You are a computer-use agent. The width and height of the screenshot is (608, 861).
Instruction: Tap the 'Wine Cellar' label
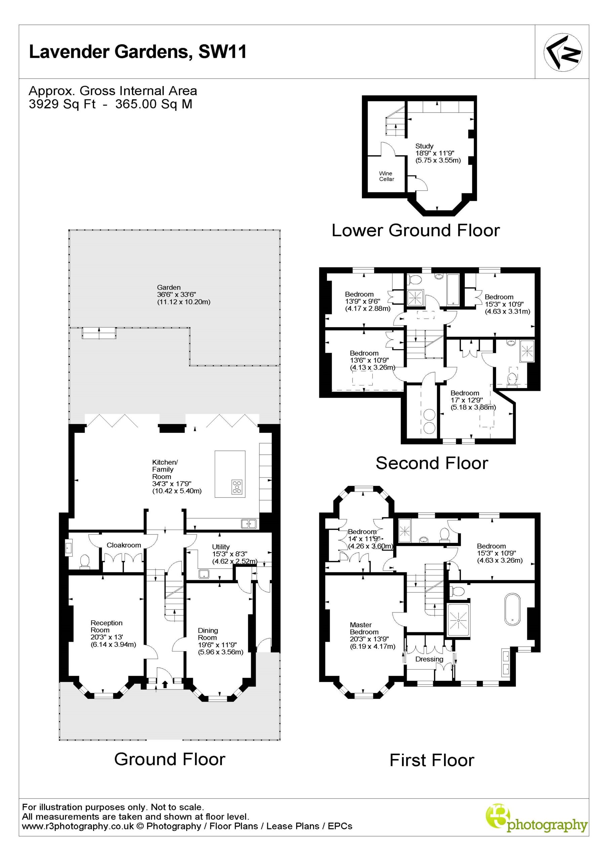[386, 176]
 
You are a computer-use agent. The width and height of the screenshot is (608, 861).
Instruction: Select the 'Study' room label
[424, 146]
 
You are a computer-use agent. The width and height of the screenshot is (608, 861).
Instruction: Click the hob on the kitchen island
[237, 487]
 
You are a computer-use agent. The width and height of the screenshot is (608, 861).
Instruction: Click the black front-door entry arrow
[165, 684]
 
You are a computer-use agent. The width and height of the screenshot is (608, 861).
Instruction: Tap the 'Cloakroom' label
[124, 545]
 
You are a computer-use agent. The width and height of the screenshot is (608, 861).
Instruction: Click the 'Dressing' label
[429, 659]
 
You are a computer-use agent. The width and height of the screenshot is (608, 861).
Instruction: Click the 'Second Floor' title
[432, 463]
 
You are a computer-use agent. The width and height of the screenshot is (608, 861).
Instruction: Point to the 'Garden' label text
[169, 287]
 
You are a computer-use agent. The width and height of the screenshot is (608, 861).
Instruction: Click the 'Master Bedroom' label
[364, 628]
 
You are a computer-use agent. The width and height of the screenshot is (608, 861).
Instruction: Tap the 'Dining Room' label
[208, 634]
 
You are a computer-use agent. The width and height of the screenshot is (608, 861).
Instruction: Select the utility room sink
[204, 573]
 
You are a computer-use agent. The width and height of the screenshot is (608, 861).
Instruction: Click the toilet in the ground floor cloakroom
[85, 561]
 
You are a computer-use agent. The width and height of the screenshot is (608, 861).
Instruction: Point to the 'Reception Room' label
[107, 626]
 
